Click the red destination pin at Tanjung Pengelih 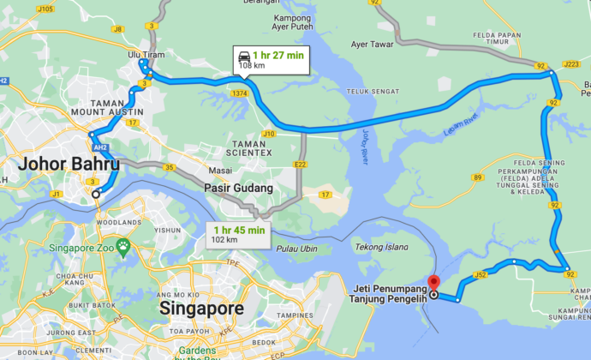click(433, 283)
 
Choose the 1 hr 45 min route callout click(240, 234)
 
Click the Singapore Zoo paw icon click(124, 247)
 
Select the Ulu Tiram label click(146, 55)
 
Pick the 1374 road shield click(238, 93)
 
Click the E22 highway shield click(300, 164)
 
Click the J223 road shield click(571, 63)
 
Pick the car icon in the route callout click(244, 55)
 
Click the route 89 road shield click(478, 177)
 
